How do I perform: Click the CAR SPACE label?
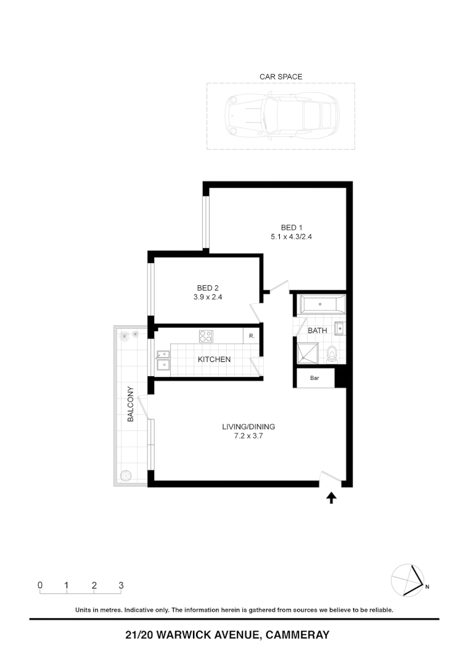281,77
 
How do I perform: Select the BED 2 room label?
208,288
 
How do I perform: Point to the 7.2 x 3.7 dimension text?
248,436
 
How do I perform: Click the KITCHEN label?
214,360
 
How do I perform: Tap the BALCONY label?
131,404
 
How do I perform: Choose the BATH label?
317,331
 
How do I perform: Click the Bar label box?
315,378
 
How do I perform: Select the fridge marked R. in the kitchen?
252,336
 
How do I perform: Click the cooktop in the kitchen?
206,336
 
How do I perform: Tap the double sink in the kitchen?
163,361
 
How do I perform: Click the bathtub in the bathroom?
322,304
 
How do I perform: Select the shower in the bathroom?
308,352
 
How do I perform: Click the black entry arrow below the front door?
332,498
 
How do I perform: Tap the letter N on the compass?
427,587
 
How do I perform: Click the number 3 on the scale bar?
121,585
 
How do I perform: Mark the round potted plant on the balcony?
126,476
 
